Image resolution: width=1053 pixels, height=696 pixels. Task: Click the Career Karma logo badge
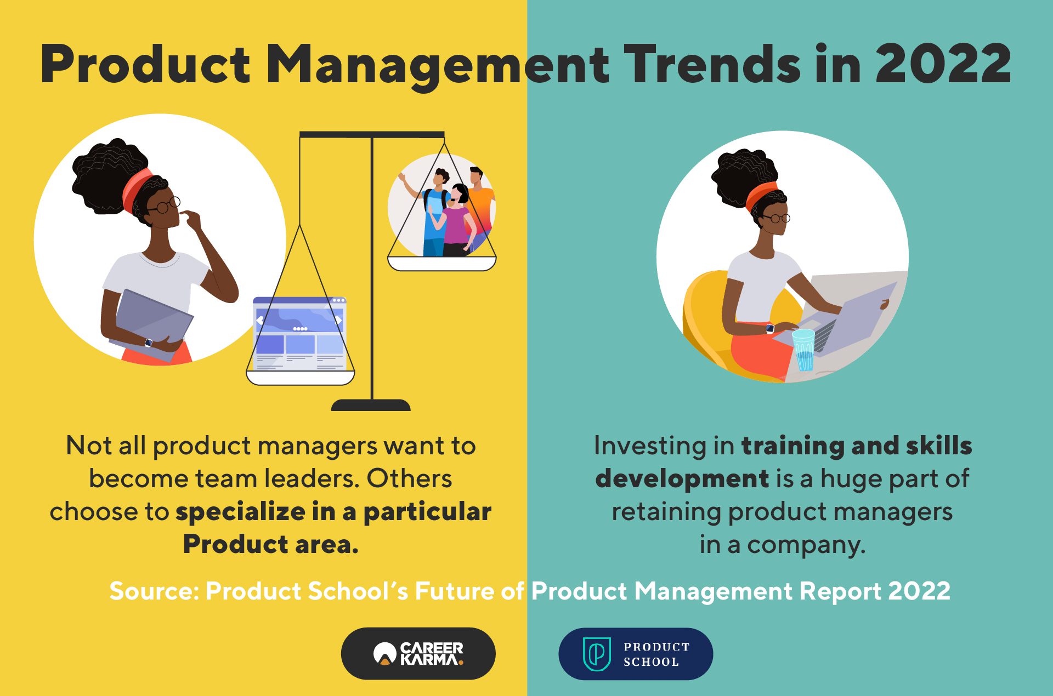(x=418, y=653)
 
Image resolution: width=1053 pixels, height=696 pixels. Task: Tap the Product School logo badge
(x=636, y=654)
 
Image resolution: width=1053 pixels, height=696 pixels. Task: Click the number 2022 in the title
(x=943, y=64)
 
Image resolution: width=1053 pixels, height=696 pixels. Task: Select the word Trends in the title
(x=713, y=64)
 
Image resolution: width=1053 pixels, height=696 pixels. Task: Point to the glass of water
(x=804, y=350)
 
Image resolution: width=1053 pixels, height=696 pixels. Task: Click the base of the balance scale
(x=371, y=405)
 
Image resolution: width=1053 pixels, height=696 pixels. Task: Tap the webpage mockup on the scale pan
(x=300, y=333)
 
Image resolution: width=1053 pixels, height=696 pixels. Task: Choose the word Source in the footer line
(x=153, y=591)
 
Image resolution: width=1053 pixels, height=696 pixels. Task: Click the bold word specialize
(x=240, y=512)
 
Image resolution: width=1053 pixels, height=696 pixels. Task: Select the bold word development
(x=682, y=479)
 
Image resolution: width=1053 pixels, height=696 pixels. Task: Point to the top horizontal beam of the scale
(x=372, y=134)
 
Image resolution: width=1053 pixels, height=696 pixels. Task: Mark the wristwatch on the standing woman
(x=149, y=343)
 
